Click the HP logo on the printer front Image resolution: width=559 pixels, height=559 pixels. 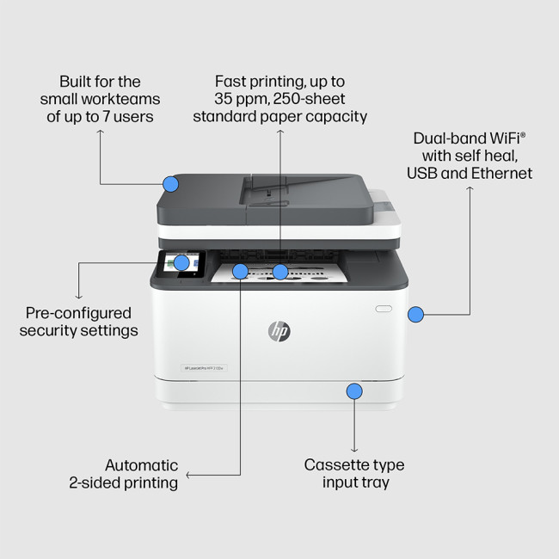279,331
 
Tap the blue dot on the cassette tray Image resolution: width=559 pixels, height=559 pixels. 354,391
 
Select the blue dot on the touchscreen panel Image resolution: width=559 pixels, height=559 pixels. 181,262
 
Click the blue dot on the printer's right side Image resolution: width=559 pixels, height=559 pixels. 415,315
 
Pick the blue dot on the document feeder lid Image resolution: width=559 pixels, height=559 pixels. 170,183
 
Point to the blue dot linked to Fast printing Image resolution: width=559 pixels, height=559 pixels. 280,272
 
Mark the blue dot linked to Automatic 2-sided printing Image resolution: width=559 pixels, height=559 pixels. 240,272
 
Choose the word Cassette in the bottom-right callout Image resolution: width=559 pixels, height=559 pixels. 335,465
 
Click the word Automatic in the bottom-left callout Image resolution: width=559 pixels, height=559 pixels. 142,465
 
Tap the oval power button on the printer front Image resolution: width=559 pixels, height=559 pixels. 383,307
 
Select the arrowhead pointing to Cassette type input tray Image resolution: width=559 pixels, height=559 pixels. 354,449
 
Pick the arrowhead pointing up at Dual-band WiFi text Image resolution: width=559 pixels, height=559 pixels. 470,188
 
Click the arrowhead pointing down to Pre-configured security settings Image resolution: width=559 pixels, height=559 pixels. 79,296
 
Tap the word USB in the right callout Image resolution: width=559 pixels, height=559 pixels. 422,174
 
